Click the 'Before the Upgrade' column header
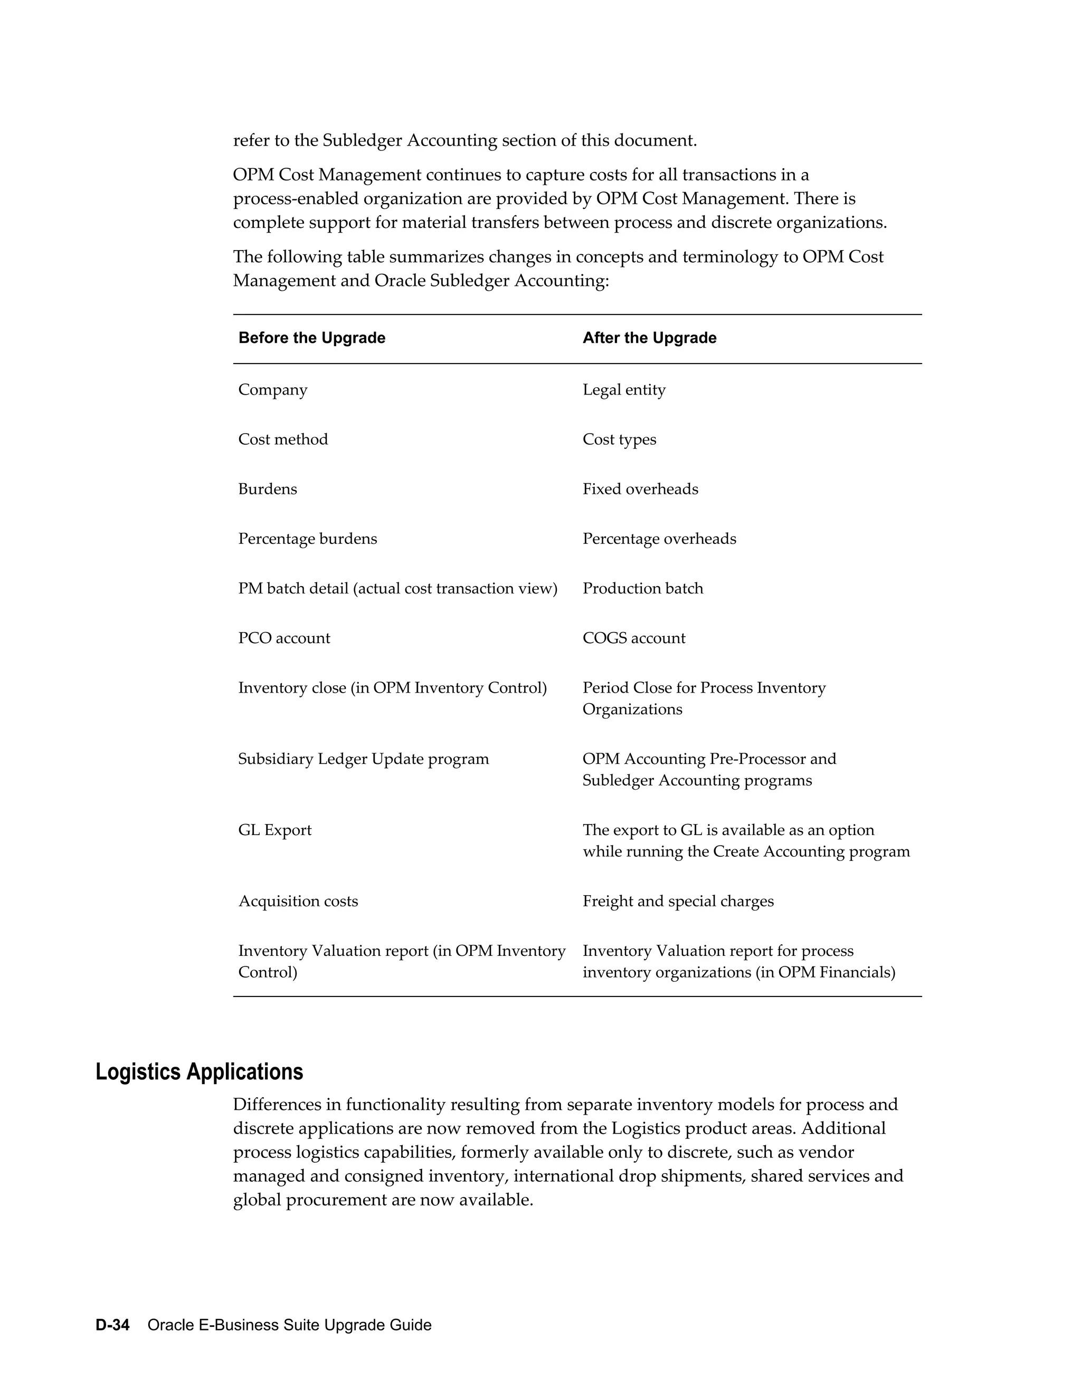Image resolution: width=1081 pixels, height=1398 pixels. pos(311,338)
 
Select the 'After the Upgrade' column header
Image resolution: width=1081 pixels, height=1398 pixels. pos(649,338)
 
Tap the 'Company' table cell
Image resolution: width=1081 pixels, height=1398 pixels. pos(273,390)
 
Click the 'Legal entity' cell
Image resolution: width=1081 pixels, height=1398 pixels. pos(624,390)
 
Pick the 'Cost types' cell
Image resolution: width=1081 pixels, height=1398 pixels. pos(619,440)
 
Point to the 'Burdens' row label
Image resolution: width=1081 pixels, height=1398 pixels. pos(268,489)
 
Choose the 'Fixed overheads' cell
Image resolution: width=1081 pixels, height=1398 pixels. pos(640,489)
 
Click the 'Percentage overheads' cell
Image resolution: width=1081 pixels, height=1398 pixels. pos(659,539)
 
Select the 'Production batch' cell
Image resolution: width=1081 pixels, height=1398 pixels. pos(642,588)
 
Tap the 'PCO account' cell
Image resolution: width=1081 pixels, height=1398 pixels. pos(283,638)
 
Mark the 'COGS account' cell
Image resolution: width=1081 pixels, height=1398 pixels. pos(633,638)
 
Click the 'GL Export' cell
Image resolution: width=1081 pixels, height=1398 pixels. pos(274,830)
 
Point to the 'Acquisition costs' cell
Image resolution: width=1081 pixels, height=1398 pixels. pos(298,901)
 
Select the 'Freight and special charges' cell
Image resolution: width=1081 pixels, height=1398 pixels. pos(678,901)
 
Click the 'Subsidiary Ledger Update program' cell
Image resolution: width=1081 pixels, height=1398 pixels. pos(363,759)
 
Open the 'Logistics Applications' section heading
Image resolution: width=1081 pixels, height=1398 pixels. pos(199,1072)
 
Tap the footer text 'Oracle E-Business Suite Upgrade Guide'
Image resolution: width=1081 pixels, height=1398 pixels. pos(289,1325)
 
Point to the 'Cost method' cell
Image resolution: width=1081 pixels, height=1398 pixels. pos(282,440)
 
